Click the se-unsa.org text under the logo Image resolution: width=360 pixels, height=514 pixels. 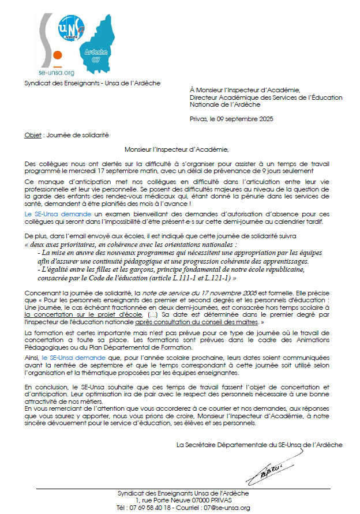point(56,73)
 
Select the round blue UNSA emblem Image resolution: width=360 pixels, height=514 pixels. point(71,27)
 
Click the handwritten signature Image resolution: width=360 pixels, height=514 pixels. point(267,470)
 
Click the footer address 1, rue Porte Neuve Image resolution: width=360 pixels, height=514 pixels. point(164,501)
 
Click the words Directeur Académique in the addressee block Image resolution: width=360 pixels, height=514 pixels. point(216,97)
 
